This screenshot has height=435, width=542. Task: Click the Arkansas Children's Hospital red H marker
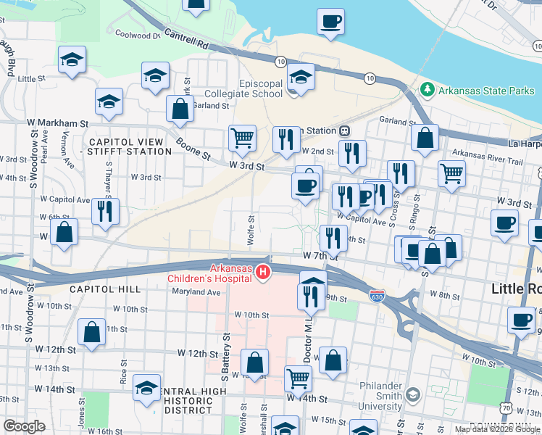click(x=264, y=273)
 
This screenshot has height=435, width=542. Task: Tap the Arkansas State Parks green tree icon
click(x=428, y=90)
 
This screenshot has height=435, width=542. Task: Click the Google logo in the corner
click(x=25, y=426)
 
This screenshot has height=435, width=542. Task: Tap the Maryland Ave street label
click(x=196, y=293)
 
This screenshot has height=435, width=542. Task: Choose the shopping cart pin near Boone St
click(x=242, y=136)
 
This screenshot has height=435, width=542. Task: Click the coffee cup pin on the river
click(x=330, y=21)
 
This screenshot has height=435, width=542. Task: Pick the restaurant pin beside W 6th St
click(x=106, y=210)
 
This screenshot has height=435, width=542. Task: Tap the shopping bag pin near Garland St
click(x=180, y=109)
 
